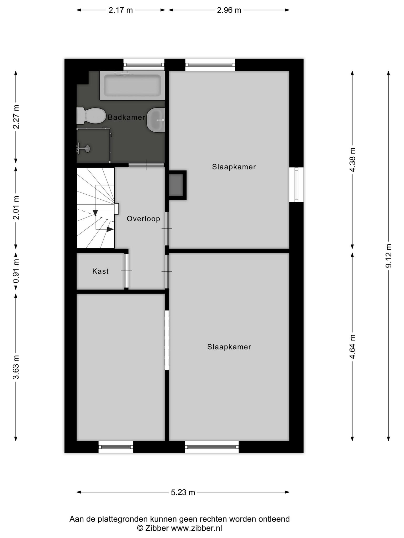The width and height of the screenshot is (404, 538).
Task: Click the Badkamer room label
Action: (x=126, y=117)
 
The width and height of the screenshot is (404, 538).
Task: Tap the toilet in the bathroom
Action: (x=90, y=116)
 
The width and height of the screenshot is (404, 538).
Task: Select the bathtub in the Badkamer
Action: (x=132, y=85)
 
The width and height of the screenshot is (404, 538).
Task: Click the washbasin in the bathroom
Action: (x=156, y=120)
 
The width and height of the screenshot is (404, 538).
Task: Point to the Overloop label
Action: (x=143, y=219)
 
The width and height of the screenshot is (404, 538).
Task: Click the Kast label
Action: (x=100, y=271)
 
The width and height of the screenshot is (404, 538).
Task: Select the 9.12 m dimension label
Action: (x=388, y=256)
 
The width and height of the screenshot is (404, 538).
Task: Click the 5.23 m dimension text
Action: (x=183, y=492)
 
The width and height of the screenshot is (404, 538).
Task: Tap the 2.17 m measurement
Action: (x=121, y=10)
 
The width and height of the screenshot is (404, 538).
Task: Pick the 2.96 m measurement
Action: (x=229, y=10)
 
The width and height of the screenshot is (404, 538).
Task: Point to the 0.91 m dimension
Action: (x=16, y=271)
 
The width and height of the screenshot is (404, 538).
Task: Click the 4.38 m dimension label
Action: (x=352, y=159)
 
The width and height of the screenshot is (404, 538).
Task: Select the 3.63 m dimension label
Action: (x=16, y=367)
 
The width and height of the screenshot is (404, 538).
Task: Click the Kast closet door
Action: (x=127, y=271)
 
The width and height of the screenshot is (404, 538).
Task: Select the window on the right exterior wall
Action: (x=296, y=185)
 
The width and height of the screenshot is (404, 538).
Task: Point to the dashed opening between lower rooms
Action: (x=167, y=340)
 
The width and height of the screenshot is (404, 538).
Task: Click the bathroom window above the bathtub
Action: (x=144, y=65)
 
